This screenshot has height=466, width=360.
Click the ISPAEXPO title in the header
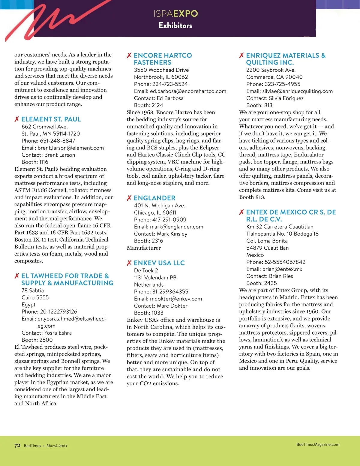click(x=175, y=14)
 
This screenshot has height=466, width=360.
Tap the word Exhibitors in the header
click(x=175, y=26)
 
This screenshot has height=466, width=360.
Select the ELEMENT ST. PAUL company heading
click(x=51, y=119)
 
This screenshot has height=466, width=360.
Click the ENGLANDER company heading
click(x=154, y=198)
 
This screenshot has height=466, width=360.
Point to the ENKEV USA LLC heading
click(x=159, y=263)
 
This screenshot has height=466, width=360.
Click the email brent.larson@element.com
click(x=70, y=148)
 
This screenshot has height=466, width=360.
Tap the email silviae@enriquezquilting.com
click(x=297, y=91)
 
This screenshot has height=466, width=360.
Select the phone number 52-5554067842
click(x=285, y=262)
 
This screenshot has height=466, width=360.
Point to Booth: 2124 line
click(x=148, y=105)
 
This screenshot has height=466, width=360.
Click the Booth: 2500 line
click(x=37, y=340)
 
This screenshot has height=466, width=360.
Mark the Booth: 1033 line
click(x=148, y=313)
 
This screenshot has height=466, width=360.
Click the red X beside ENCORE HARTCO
click(x=129, y=56)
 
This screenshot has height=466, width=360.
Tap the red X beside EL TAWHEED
click(x=17, y=276)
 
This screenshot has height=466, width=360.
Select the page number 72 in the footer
click(x=17, y=446)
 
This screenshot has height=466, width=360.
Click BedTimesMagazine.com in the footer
click(x=318, y=445)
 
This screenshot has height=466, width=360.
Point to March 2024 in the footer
click(x=57, y=446)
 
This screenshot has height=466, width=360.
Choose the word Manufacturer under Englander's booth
click(x=144, y=248)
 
